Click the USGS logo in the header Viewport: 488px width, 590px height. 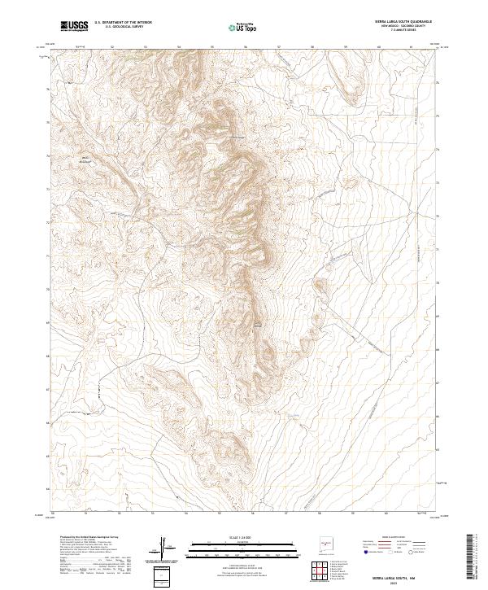pos(75,26)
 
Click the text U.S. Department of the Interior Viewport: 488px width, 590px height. pos(123,23)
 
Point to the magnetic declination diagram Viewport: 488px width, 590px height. pos(163,548)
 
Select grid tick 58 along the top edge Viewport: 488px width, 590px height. pos(312,47)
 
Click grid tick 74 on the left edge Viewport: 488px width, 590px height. pos(50,151)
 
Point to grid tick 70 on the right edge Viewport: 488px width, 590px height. pos(437,283)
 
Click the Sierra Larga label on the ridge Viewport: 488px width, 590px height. pos(237,136)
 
